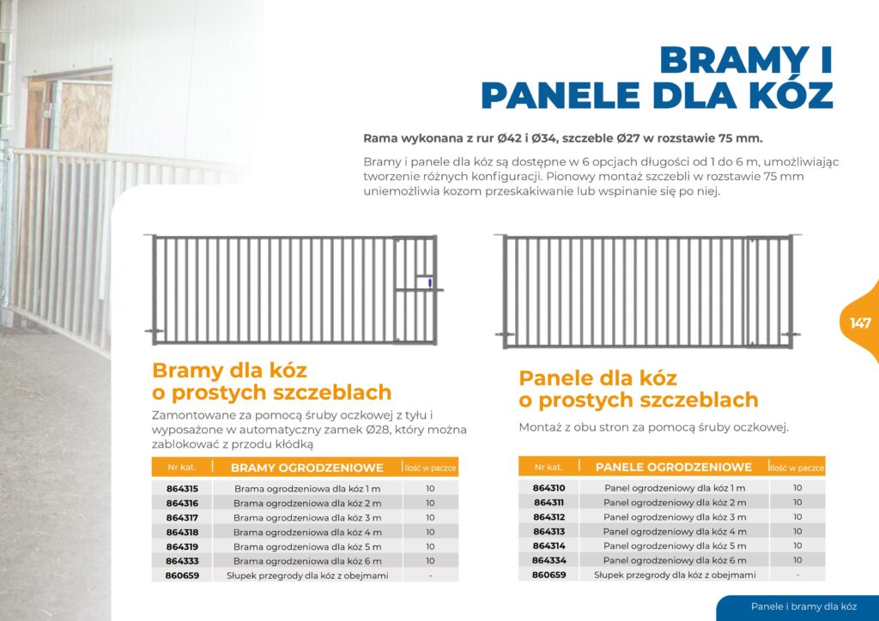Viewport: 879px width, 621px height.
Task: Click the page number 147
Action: click(x=860, y=323)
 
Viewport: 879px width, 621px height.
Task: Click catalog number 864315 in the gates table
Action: click(x=182, y=488)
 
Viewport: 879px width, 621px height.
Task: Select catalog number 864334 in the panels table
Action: click(x=549, y=560)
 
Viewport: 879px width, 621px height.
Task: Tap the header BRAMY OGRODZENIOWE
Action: click(x=306, y=467)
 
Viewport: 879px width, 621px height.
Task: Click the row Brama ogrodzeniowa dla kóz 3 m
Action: click(x=307, y=517)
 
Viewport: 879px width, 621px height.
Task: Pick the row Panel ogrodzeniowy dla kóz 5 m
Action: click(x=674, y=546)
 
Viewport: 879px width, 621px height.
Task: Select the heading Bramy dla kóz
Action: click(x=229, y=371)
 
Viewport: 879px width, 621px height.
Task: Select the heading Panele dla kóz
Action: click(x=597, y=378)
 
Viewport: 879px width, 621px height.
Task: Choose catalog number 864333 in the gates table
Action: click(x=182, y=561)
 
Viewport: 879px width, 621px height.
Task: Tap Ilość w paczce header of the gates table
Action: click(x=430, y=468)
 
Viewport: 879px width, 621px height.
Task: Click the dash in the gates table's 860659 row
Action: click(x=429, y=576)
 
